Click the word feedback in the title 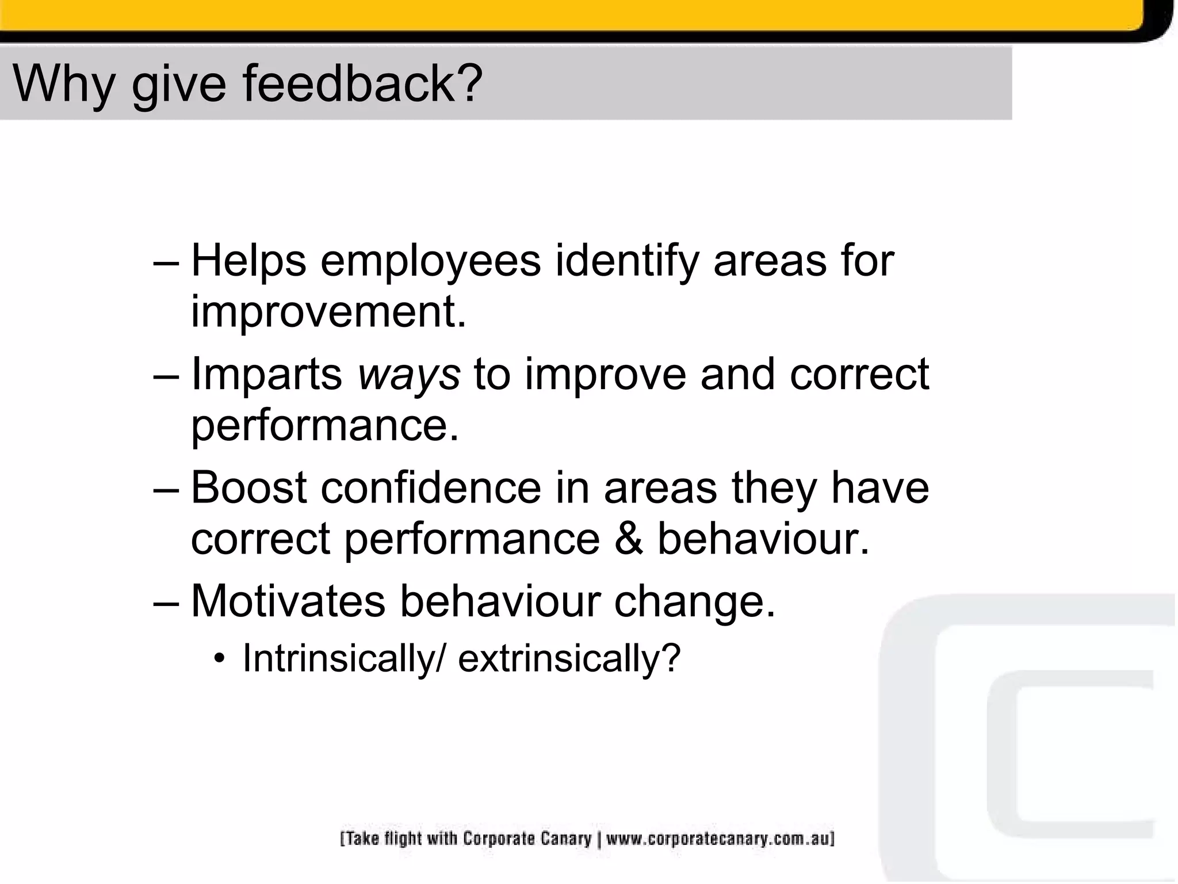point(362,83)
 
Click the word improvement point(328,312)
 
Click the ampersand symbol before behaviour point(628,539)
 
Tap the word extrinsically point(569,658)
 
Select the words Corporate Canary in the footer point(527,839)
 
